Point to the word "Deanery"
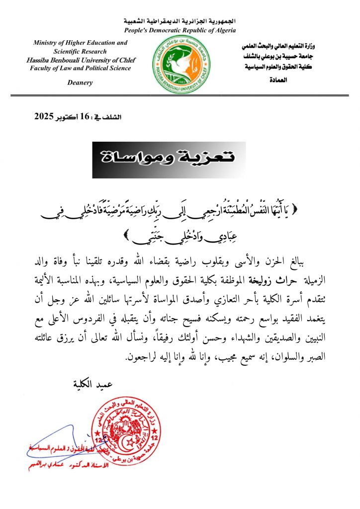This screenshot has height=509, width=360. (x=80, y=83)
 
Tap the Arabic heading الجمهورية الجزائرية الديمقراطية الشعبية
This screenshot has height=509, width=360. (x=180, y=22)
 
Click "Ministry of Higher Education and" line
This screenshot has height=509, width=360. (x=81, y=43)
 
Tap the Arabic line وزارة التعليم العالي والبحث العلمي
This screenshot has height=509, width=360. (x=281, y=46)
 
